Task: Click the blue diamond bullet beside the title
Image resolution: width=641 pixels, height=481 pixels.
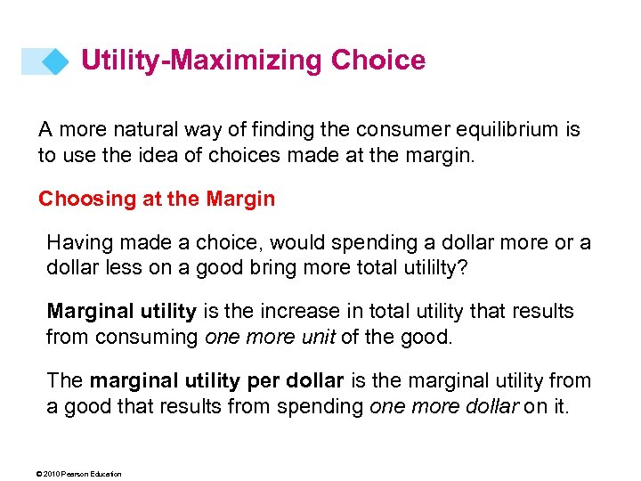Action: (x=55, y=61)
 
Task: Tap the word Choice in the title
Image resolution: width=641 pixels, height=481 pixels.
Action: (x=378, y=61)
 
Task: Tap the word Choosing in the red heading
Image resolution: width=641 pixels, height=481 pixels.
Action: (x=86, y=199)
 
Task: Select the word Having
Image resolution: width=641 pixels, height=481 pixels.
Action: (x=78, y=243)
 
